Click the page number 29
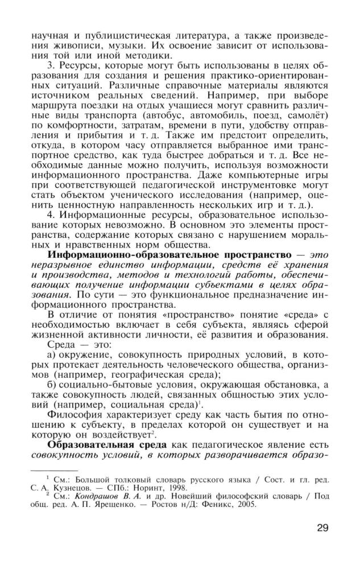[322, 528]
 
